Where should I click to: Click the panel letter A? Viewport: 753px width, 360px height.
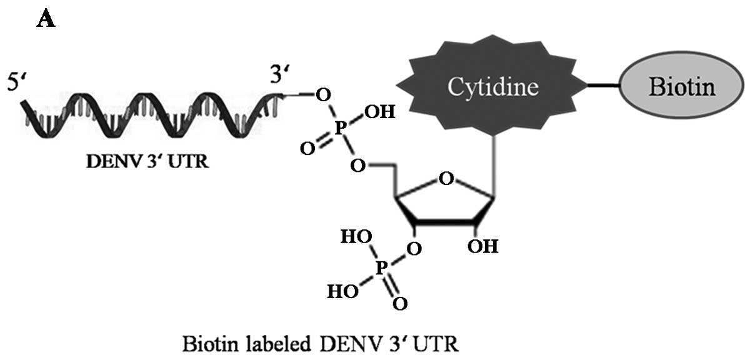[x=47, y=19]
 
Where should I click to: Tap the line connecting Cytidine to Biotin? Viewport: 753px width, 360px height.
[x=602, y=87]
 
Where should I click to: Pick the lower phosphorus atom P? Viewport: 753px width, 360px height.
[x=382, y=267]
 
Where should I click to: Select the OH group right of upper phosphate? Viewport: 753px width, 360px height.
[x=379, y=112]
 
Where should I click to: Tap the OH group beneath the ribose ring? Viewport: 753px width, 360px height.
[x=483, y=247]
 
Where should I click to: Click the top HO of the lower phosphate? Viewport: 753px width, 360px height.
[x=354, y=237]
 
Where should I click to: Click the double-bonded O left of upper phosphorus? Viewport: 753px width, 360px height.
[x=306, y=149]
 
